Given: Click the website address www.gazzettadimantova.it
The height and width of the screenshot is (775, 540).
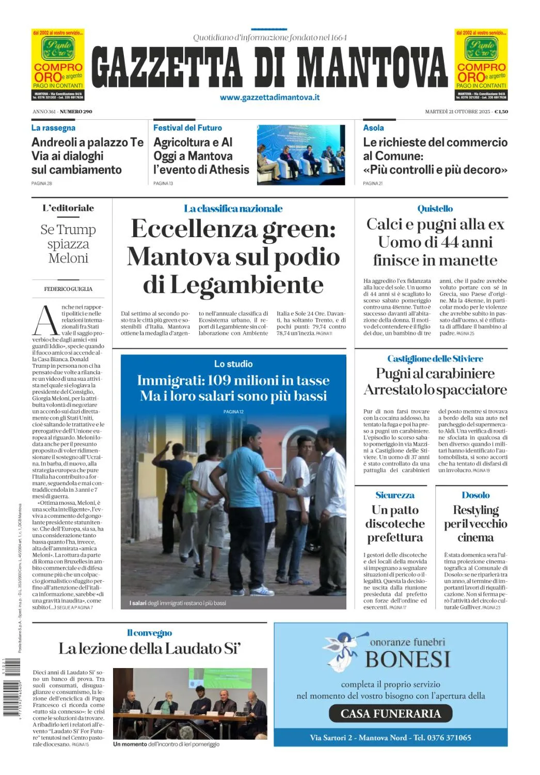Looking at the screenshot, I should tap(269, 97).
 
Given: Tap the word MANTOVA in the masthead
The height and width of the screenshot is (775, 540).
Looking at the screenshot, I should tap(372, 67).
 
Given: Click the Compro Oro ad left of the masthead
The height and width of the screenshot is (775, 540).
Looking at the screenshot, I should tap(58, 65).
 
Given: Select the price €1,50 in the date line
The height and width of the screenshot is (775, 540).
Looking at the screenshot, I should tap(501, 112).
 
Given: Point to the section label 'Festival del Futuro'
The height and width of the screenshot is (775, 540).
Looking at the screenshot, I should tap(187, 128).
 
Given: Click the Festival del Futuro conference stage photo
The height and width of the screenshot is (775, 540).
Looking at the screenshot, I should tap(301, 154).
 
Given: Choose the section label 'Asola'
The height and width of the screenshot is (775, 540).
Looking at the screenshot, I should tap(373, 128).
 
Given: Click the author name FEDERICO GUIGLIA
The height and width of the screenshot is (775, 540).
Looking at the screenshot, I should tap(68, 289).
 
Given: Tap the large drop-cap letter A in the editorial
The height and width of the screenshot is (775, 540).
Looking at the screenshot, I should tap(45, 320).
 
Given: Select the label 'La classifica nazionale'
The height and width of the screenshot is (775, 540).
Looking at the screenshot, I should tap(233, 209).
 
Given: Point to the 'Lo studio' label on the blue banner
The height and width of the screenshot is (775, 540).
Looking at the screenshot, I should tap(233, 364).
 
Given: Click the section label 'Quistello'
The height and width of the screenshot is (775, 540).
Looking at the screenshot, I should tap(435, 209).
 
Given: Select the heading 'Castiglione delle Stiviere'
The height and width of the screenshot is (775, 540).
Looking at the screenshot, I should tap(435, 359).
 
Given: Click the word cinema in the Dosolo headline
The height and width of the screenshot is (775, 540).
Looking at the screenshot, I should tap(475, 537).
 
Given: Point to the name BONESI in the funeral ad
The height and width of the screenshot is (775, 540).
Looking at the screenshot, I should tap(408, 659).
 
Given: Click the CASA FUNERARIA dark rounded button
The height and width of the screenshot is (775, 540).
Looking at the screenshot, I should tap(390, 714).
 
